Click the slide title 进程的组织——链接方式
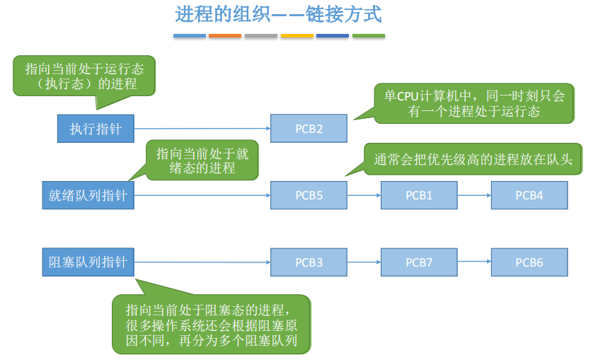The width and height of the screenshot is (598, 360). pos(278,14)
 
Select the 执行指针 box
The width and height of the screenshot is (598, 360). pos(96,129)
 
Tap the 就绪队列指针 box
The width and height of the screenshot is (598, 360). pos(88,195)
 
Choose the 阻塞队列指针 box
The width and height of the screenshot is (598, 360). pos(88,262)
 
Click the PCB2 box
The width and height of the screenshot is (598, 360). pos(309,129)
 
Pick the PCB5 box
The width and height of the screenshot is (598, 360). pos(309,195)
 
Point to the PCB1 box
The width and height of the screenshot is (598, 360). pos(419,195)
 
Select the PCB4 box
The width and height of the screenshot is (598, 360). pos(529,195)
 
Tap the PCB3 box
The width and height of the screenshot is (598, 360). pos(309,262)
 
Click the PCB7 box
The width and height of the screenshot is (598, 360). pos(419,262)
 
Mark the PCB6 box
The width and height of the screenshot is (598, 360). pos(529,262)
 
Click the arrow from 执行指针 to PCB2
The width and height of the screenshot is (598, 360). pos(202,129)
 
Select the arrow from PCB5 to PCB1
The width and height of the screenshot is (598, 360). pos(364,195)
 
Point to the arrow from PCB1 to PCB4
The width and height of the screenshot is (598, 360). pos(474,195)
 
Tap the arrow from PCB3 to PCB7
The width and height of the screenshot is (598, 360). pos(364,262)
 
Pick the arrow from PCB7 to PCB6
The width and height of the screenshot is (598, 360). pos(474,262)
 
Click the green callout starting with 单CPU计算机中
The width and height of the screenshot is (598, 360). pos(474,103)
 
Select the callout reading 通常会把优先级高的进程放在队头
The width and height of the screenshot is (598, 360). pos(473,159)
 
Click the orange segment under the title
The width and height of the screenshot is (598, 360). pos(225,36)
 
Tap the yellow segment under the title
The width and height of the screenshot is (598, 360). pos(297,36)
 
